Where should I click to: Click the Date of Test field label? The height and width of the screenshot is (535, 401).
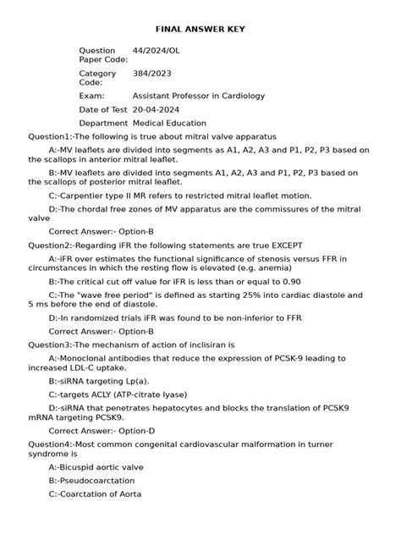[103, 110]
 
